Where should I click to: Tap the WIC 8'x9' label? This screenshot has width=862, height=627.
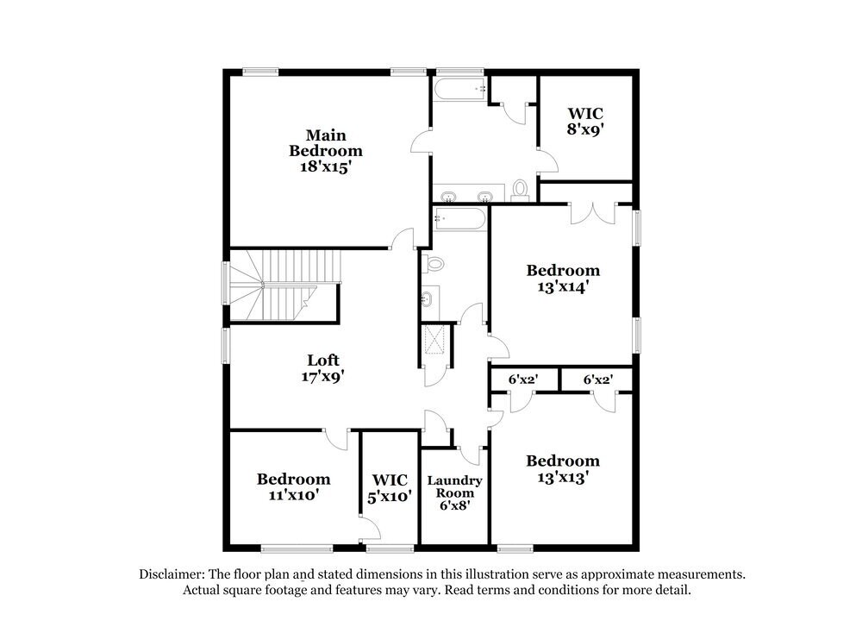(x=584, y=121)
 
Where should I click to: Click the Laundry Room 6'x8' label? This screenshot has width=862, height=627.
(x=454, y=493)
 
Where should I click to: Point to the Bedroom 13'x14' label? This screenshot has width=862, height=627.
(x=563, y=279)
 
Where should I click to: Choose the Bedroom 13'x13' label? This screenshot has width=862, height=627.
(x=563, y=468)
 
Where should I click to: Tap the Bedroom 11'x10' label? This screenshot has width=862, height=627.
(x=293, y=486)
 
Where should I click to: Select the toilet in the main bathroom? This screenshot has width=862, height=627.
(x=520, y=190)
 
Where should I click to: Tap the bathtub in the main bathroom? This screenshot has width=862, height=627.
(x=460, y=88)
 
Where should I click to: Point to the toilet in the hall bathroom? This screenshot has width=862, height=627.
(x=434, y=263)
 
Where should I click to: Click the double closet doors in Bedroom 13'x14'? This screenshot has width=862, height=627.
(x=592, y=214)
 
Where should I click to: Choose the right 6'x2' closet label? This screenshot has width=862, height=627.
(x=597, y=379)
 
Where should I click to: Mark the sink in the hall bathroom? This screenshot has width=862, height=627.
(x=428, y=299)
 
